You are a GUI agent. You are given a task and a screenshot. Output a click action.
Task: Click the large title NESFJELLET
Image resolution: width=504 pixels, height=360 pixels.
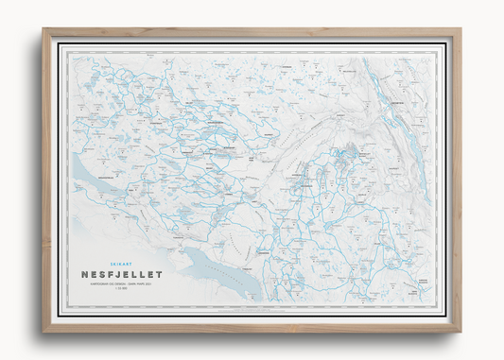pos(122,275)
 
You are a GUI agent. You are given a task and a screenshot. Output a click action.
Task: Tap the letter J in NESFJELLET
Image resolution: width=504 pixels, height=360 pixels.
pos(116,275)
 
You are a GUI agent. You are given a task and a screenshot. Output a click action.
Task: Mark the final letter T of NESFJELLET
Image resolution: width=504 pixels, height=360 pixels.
pos(160,275)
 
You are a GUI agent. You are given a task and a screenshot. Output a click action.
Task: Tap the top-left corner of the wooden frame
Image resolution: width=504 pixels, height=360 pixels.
pos(43,29)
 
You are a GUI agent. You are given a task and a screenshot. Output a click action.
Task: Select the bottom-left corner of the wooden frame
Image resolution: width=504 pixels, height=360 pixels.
pos(43,331)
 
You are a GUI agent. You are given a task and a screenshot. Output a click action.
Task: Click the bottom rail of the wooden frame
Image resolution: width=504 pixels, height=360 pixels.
pos(252,329)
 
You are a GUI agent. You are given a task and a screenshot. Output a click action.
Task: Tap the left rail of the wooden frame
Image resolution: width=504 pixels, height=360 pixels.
pos(45,180)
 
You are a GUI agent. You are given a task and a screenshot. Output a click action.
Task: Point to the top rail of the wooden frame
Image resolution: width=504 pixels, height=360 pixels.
pos(252,31)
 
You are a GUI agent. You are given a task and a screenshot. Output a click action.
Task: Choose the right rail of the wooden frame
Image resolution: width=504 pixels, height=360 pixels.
pos(458,180)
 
